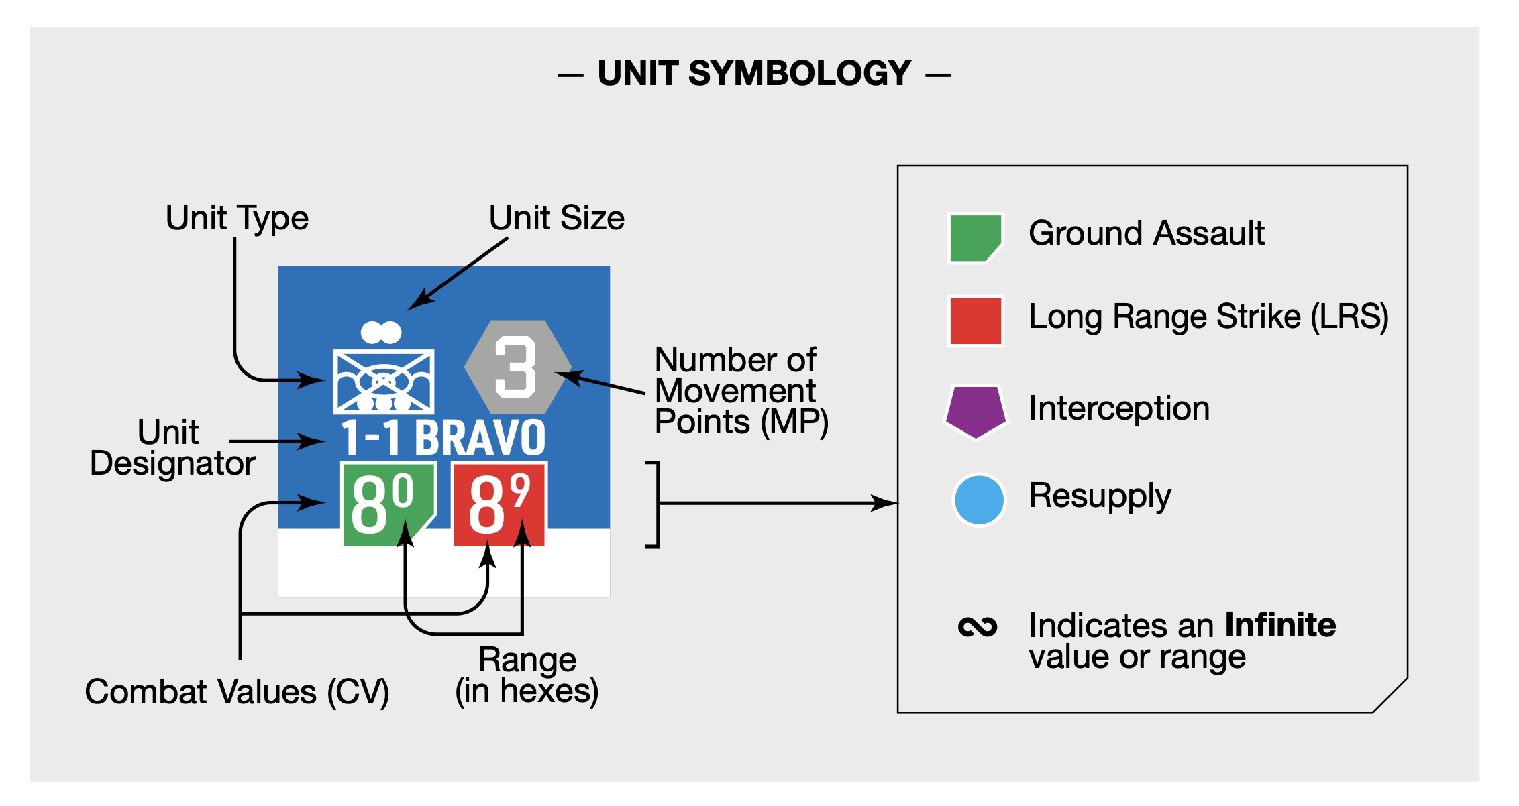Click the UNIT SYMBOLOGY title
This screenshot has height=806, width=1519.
pyautogui.click(x=754, y=74)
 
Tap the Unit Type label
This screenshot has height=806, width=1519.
pyautogui.click(x=237, y=218)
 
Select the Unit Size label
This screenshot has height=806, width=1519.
pyautogui.click(x=556, y=218)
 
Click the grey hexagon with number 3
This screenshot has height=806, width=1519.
pyautogui.click(x=517, y=367)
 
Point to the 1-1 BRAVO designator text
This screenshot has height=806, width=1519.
pyautogui.click(x=443, y=438)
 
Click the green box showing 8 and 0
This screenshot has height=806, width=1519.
pyautogui.click(x=385, y=504)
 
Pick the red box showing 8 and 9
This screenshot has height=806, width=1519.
pyautogui.click(x=500, y=504)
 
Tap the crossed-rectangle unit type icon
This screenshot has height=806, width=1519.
pyautogui.click(x=383, y=381)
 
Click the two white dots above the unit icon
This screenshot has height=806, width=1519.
pyautogui.click(x=380, y=332)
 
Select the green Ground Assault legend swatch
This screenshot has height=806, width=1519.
pyautogui.click(x=975, y=238)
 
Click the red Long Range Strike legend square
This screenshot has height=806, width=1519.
pyautogui.click(x=976, y=321)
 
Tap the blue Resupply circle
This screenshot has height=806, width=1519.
pyautogui.click(x=979, y=500)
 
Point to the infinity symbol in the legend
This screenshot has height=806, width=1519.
pyautogui.click(x=978, y=627)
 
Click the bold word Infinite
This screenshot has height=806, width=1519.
pyautogui.click(x=1280, y=625)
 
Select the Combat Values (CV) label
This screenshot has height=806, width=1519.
pyautogui.click(x=237, y=692)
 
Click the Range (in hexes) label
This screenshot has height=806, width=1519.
pyautogui.click(x=527, y=676)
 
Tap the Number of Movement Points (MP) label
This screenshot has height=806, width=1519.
pyautogui.click(x=741, y=391)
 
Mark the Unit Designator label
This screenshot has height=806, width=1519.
pyautogui.click(x=172, y=448)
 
